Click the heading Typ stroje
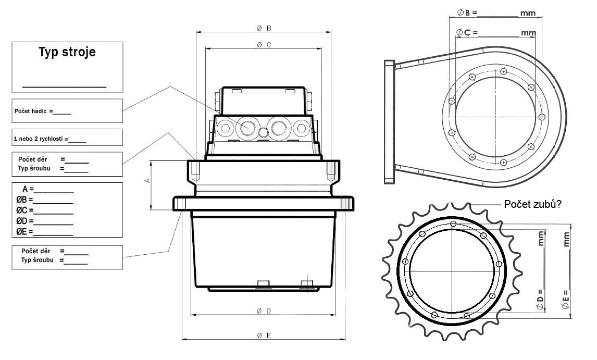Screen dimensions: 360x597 [x=67, y=53]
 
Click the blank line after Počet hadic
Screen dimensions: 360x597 [x=63, y=113]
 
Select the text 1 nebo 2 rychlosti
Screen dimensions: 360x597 [x=40, y=139]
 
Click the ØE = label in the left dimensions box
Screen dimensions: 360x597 [x=24, y=231]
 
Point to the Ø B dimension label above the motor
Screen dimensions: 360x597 [x=264, y=28]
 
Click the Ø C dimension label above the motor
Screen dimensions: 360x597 [x=264, y=45]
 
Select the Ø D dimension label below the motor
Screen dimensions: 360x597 [x=264, y=311]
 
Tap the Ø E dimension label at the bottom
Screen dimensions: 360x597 [x=264, y=336]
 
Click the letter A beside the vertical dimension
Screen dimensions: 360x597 [x=147, y=180]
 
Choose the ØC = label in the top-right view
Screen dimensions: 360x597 [x=467, y=32]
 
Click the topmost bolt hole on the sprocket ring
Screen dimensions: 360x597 [x=453, y=224]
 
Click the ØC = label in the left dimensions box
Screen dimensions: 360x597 [x=24, y=210]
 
